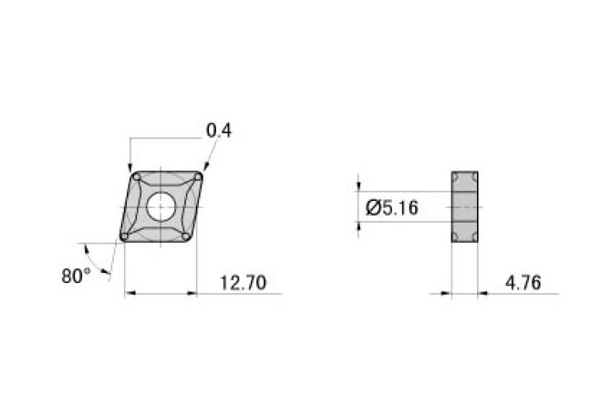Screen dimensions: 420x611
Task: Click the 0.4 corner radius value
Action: pyautogui.click(x=219, y=131)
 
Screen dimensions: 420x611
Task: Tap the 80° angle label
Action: pyautogui.click(x=76, y=276)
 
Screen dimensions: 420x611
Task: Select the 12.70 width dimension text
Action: pyautogui.click(x=243, y=284)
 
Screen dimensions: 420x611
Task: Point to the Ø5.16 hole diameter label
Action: pyautogui.click(x=391, y=208)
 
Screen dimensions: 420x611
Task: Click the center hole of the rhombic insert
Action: pyautogui.click(x=161, y=206)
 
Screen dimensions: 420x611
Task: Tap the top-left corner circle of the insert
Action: pyautogui.click(x=136, y=175)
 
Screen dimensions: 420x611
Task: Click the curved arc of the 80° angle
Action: pyautogui.click(x=109, y=261)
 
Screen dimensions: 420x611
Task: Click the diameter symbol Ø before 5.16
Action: pyautogui.click(x=373, y=208)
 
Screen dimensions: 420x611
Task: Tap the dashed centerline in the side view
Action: pyautogui.click(x=464, y=206)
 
